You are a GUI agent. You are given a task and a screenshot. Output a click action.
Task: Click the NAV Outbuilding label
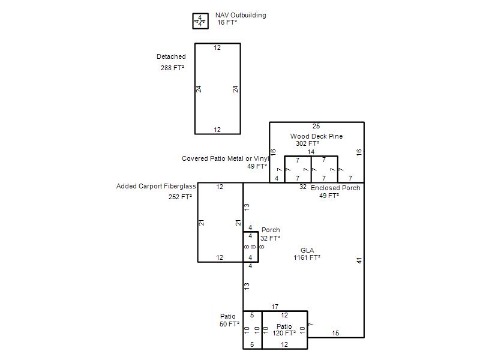pos(241,15)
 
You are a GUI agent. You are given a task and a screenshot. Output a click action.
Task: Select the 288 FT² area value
pos(172,68)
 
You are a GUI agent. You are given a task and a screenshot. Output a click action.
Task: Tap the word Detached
pos(171,56)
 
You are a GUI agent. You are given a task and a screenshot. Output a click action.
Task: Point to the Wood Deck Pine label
pos(317,136)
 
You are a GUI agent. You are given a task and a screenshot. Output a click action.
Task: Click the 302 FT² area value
pos(307,143)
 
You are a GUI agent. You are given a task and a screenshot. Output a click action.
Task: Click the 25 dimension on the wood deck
pos(316,126)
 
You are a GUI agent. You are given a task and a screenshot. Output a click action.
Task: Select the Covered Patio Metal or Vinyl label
pos(226,158)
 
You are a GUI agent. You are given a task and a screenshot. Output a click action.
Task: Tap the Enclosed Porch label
pos(335,188)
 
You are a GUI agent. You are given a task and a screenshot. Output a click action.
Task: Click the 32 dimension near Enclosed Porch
pos(303,187)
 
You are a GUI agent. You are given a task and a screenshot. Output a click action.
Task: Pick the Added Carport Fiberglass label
pos(156,186)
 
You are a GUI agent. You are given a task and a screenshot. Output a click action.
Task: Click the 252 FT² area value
pos(180,197)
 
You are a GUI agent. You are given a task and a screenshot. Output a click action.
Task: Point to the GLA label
pos(307,250)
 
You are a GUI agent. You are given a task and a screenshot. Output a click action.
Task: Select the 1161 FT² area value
pos(307,257)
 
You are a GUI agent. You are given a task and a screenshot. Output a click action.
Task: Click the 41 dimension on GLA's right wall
pos(359,260)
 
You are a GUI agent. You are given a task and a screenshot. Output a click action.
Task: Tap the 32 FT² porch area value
pos(271,238)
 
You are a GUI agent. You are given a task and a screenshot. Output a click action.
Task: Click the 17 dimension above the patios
pos(275,307)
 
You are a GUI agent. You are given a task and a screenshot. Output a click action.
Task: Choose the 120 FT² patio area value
pos(284,333)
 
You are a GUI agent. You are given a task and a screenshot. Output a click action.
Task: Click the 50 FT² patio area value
pos(229,324)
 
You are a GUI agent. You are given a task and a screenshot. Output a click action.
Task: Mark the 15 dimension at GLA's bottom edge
pos(335,333)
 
